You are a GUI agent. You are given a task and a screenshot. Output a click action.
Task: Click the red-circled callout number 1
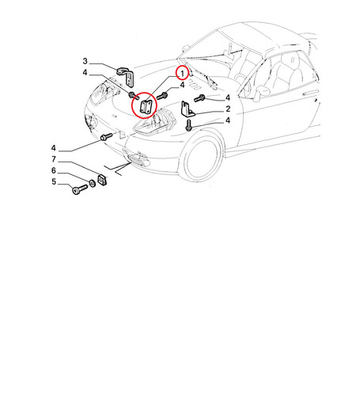point(182,74)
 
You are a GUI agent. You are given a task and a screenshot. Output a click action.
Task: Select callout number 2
point(228,109)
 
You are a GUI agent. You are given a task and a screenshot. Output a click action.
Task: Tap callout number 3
point(85,61)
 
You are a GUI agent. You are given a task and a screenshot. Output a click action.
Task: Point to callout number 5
point(54,181)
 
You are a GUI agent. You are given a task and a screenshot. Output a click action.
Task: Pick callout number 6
point(54,170)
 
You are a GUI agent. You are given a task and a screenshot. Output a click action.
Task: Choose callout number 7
point(54,159)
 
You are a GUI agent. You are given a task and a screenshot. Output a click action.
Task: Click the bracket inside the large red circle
point(145,107)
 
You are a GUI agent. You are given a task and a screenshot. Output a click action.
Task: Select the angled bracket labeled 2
point(187,109)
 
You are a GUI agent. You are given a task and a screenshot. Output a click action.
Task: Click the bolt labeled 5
point(79,189)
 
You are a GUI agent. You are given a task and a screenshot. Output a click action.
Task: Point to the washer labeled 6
point(93,183)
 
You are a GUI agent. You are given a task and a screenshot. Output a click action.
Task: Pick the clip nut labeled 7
point(102,180)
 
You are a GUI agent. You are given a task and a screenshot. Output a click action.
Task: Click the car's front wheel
point(203,160)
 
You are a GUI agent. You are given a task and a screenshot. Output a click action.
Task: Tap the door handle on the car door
point(310,93)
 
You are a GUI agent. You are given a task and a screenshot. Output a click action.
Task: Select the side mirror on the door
point(261,91)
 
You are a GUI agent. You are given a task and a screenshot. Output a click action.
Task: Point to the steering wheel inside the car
point(242,79)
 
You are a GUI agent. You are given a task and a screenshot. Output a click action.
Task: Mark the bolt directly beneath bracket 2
point(188,125)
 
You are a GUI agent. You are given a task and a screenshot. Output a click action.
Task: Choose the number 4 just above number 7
point(54,148)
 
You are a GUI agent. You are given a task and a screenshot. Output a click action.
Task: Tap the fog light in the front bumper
point(138,159)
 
